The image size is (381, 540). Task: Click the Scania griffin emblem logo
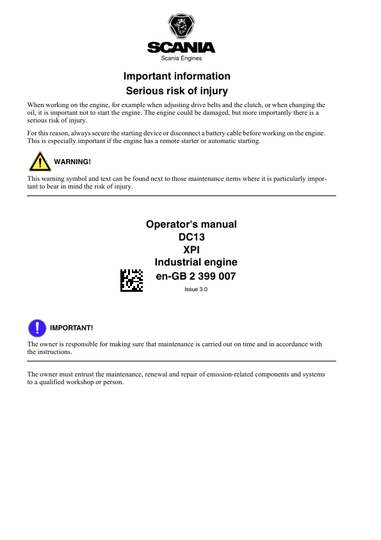click(181, 28)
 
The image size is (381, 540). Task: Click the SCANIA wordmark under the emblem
click(181, 47)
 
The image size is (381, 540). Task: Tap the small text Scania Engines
click(181, 58)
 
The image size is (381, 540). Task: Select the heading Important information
click(177, 76)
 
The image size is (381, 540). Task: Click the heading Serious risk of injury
click(177, 91)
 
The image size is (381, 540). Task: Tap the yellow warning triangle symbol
click(40, 161)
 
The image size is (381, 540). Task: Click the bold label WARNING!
click(72, 161)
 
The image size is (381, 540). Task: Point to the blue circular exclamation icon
click(37, 328)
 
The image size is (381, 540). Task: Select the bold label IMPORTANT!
click(71, 328)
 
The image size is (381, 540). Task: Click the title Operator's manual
click(191, 224)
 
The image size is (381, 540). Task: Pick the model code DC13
click(191, 237)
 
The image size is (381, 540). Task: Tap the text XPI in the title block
click(191, 249)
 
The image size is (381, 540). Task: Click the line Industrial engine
click(196, 262)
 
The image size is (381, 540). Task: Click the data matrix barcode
click(131, 280)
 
